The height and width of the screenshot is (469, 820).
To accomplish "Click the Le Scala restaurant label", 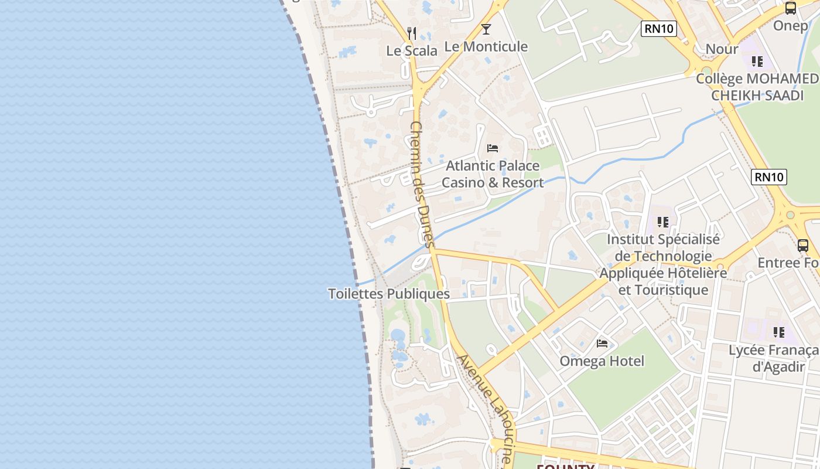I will click(x=412, y=51).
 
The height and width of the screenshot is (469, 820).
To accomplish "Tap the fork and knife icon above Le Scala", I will click(x=412, y=33).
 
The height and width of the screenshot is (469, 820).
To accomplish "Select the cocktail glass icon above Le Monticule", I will click(x=486, y=29).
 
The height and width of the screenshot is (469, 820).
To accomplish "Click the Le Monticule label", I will click(x=486, y=46).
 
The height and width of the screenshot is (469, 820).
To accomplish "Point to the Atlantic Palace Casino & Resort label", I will click(x=493, y=174).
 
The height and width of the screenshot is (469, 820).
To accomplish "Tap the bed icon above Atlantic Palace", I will click(x=493, y=148).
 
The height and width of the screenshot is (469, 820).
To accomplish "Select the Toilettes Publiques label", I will click(x=389, y=294).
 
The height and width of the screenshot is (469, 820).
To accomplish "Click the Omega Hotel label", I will click(x=602, y=361).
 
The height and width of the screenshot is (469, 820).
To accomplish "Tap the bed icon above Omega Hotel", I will click(x=602, y=344).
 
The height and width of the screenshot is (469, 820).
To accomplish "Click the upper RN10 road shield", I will click(x=659, y=28).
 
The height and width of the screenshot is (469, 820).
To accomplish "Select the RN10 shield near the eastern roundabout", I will click(x=769, y=176).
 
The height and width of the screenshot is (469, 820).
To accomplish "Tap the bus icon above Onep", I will click(x=791, y=8).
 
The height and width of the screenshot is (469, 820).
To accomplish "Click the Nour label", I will click(x=722, y=49).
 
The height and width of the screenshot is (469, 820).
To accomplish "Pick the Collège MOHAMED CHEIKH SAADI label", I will click(x=757, y=87).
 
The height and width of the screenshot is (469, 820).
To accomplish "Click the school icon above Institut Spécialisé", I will click(x=663, y=222).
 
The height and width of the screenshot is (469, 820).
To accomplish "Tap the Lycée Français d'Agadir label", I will click(x=773, y=359).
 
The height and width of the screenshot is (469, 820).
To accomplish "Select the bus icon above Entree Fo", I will click(x=802, y=246).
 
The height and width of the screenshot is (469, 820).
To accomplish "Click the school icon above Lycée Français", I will click(x=778, y=332).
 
